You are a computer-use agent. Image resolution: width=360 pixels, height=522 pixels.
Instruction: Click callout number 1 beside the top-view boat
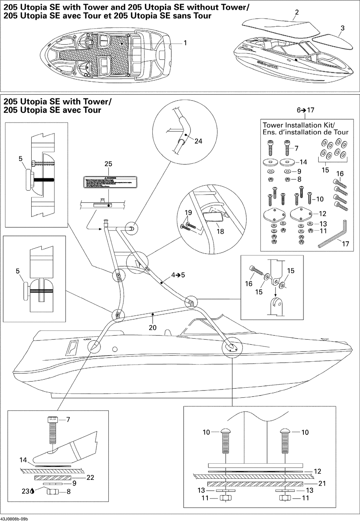(x=185, y=43)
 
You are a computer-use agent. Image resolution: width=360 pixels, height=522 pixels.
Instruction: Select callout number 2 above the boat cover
(x=297, y=13)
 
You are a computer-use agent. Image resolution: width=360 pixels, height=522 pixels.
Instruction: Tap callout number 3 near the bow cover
(x=342, y=28)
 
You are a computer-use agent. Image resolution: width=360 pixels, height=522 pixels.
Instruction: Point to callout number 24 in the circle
(x=198, y=141)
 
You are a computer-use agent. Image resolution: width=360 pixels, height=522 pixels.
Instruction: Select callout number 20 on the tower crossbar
(x=153, y=327)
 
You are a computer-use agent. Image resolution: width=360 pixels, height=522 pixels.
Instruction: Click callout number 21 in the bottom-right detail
(x=322, y=483)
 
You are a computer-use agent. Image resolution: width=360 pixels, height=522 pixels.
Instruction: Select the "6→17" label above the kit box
(x=306, y=110)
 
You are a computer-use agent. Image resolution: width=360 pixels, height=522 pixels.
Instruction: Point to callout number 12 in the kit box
(x=322, y=214)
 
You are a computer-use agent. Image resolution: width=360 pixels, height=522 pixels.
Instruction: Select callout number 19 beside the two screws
(x=188, y=213)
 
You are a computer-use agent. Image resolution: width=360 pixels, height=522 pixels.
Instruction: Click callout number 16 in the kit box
(x=340, y=174)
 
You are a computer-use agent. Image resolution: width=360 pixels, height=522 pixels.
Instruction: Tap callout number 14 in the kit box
(x=303, y=162)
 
